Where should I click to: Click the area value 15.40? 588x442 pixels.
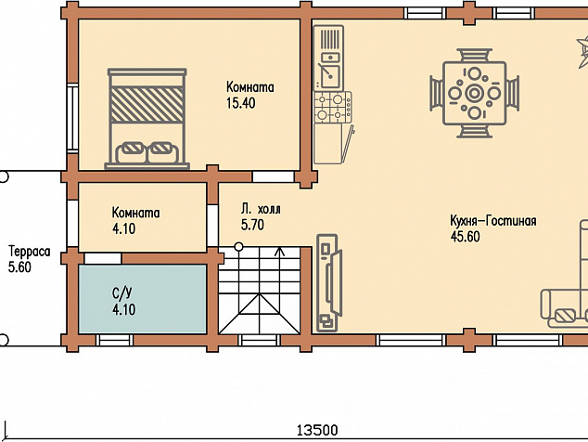coord(241,103)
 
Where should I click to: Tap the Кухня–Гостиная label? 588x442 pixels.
coord(493,221)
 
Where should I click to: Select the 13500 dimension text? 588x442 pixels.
coord(317,430)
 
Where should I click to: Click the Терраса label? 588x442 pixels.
coord(30,252)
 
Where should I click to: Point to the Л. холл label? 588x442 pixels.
coord(261,209)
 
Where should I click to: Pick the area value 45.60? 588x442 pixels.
coord(466,237)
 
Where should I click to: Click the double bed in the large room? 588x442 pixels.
coord(147,119)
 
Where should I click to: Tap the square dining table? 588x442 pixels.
coord(474,93)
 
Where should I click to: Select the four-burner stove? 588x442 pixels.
coord(333,107)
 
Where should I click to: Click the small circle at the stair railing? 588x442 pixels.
coord(238,247)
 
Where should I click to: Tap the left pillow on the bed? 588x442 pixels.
coord(132,152)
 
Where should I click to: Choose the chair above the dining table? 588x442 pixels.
coord(474,55)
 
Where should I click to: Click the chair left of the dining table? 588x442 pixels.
coord(436,93)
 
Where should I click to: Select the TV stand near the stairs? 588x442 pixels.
coord(327,283)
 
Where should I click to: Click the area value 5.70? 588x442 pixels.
coord(252,225)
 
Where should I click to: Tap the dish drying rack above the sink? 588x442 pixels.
coord(330,38)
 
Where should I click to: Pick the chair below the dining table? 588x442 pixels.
coord(474,132)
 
